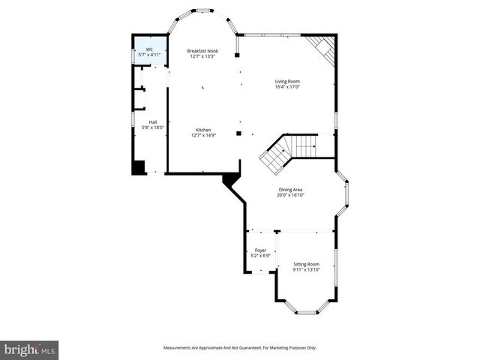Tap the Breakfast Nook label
[x=202, y=51]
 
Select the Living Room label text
[x=287, y=81]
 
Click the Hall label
[x=153, y=122]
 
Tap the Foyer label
[x=260, y=250]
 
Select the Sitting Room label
[x=306, y=264]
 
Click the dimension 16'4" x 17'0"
[x=287, y=87]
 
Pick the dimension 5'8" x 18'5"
[x=153, y=128]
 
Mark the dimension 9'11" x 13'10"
[x=306, y=270]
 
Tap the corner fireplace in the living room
[x=324, y=49]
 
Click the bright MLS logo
[x=29, y=350]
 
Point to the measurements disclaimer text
[x=239, y=348]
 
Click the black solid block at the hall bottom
[x=138, y=167]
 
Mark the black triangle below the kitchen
[x=231, y=181]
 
